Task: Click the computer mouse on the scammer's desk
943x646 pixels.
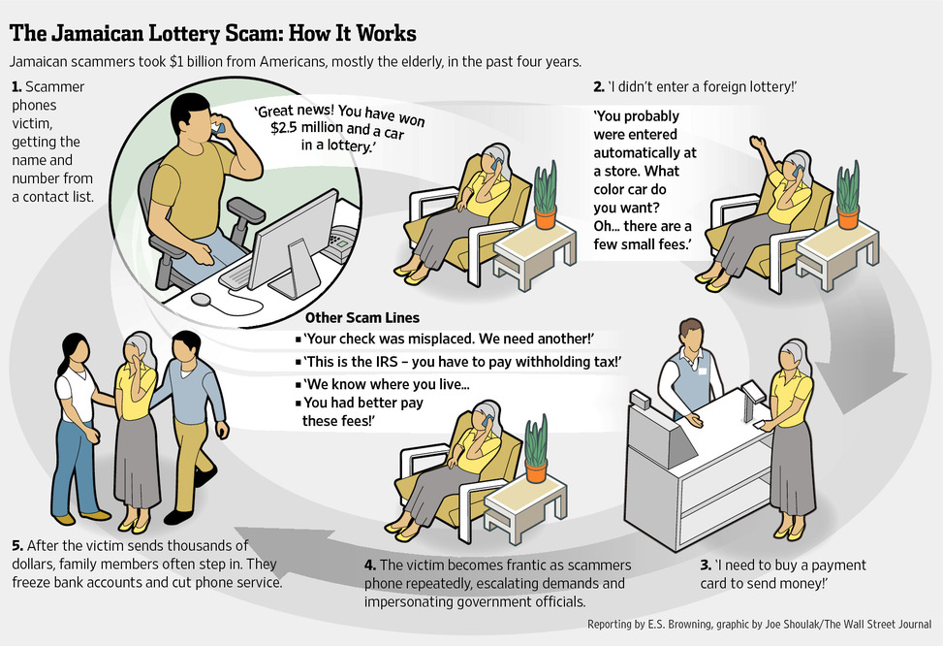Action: click(x=202, y=299)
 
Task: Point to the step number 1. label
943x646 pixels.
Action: click(x=16, y=87)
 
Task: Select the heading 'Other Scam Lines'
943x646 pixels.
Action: click(x=362, y=317)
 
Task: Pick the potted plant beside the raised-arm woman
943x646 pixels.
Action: click(x=847, y=195)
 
